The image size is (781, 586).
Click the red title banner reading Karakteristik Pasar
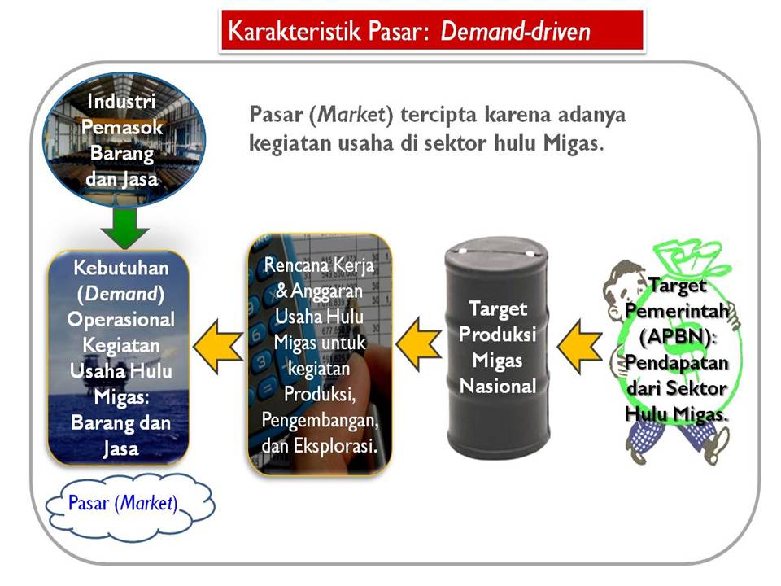coord(431,32)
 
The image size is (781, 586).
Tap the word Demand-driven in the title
coord(515,32)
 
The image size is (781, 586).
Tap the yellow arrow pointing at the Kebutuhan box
coord(219,341)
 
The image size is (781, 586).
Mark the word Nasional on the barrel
coord(498,385)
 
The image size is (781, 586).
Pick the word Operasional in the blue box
coord(121,320)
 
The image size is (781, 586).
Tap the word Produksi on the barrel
coord(498,335)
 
